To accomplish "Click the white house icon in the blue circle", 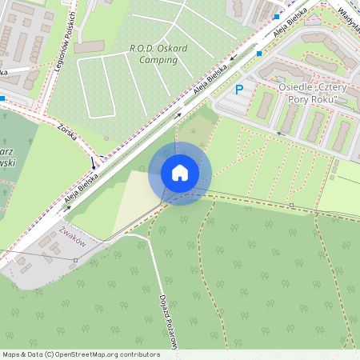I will (x=180, y=172).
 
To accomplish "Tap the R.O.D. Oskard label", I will (x=158, y=48).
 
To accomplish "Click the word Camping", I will (x=158, y=59).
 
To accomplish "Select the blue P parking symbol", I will (x=238, y=90).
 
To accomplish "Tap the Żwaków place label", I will (x=72, y=233).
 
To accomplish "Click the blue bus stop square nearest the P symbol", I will (x=259, y=54).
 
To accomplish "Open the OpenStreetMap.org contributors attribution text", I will (x=103, y=354).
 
